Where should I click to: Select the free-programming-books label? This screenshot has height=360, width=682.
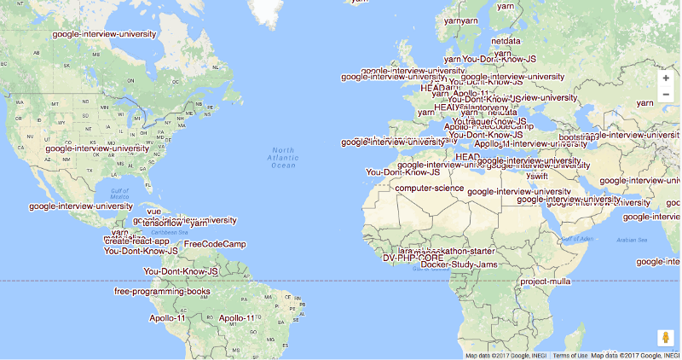coord(162,292)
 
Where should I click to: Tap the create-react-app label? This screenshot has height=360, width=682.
coord(137,241)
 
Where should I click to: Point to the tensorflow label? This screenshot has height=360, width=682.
coord(165,224)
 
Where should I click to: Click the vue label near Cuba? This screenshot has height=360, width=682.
coord(153,212)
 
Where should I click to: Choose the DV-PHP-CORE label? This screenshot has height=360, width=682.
coord(413,258)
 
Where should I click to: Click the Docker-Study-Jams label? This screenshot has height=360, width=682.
coord(459,264)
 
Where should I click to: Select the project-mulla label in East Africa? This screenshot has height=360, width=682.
coord(546,282)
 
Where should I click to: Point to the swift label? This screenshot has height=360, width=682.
coord(537,176)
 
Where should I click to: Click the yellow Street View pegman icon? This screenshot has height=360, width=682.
coord(666,339)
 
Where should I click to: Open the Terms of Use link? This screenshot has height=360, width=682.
coord(569,356)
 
